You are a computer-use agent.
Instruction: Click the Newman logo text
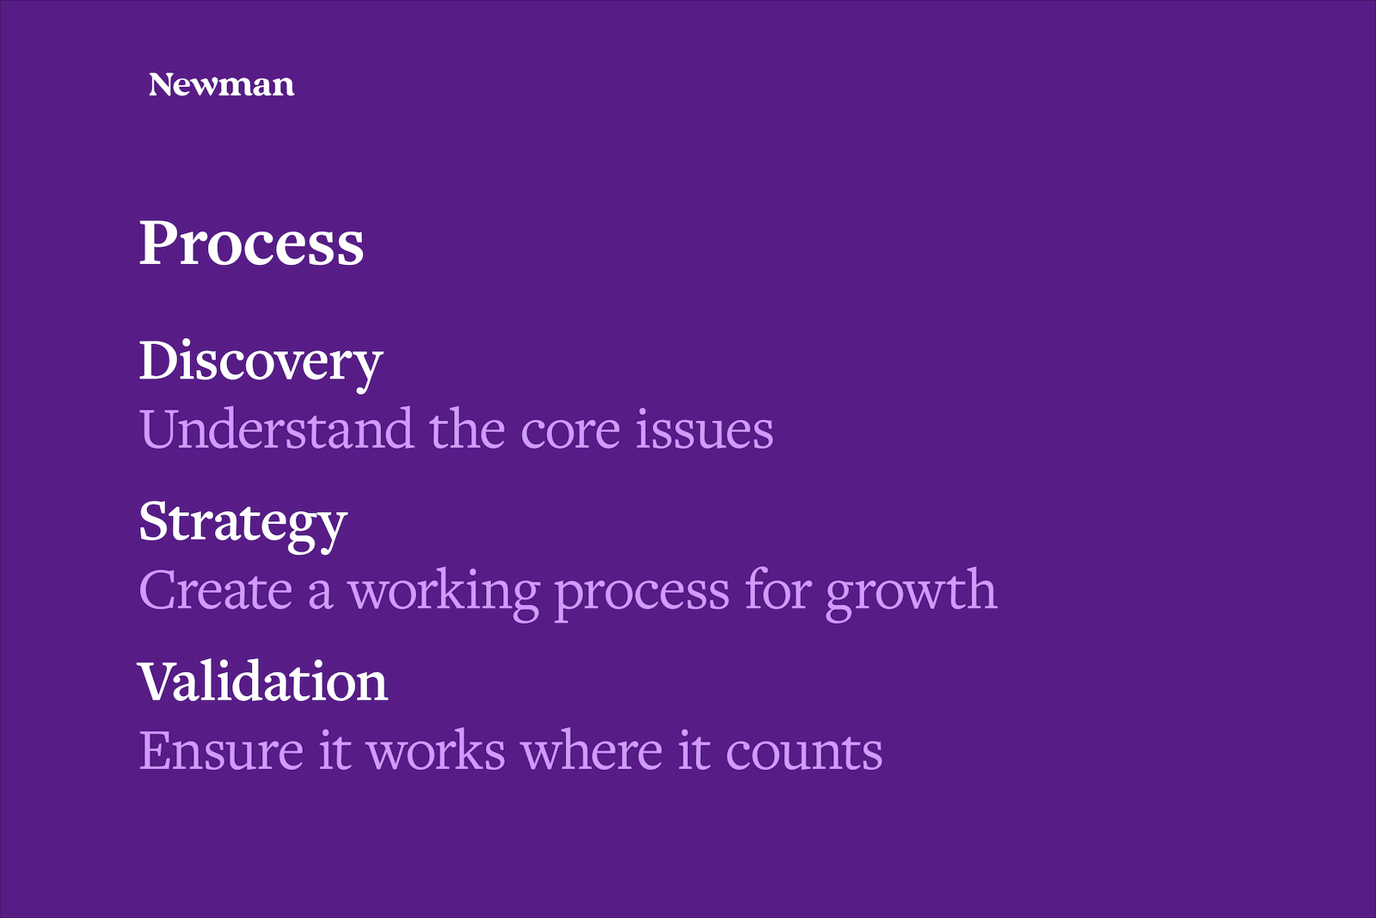221,85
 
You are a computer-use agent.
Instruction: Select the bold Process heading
252,243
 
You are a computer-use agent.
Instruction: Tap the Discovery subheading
261,365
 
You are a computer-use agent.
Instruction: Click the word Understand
276,428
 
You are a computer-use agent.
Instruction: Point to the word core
570,434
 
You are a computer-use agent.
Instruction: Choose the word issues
704,429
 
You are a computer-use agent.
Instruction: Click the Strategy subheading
243,527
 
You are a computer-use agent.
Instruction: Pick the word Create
216,590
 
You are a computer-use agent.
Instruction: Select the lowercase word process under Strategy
642,597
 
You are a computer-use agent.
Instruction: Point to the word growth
911,595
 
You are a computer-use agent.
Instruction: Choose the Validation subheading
263,681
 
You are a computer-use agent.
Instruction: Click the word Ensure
222,751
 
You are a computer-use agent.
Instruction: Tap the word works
436,749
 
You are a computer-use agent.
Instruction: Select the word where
593,749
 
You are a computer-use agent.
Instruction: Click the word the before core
467,428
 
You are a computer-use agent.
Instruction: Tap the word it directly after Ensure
335,749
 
